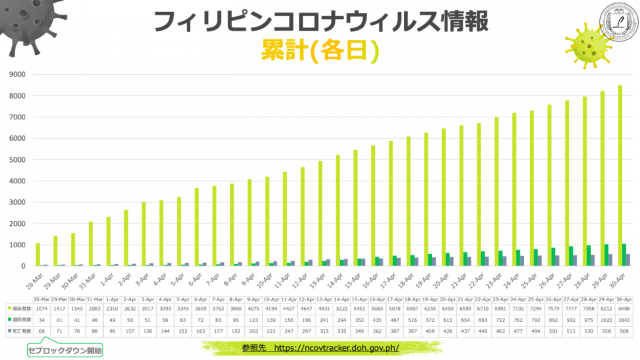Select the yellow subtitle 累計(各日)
coord(320,49)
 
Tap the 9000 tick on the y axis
coord(17,75)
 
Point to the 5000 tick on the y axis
coord(17,160)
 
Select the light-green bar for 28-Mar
coord(37,255)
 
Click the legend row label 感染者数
coord(20,309)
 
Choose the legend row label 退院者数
coord(20,320)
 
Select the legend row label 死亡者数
coord(20,331)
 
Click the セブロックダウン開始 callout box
coord(65,349)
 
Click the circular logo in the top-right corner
coord(619,22)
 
